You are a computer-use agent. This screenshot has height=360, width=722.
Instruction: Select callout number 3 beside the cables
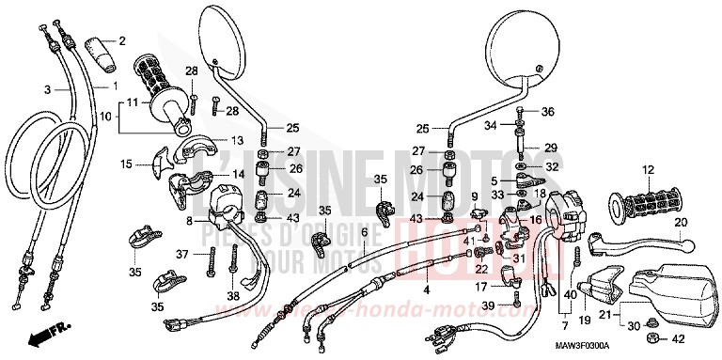pos(46,88)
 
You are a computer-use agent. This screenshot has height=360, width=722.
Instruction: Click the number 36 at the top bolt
pos(549,112)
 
